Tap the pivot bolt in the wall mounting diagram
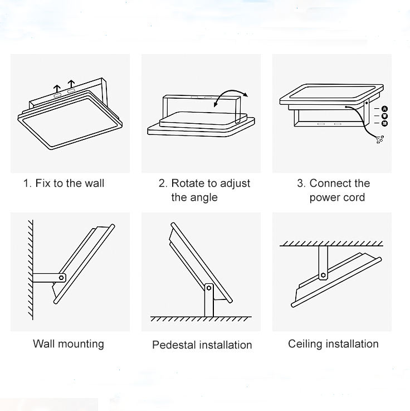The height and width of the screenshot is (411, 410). (62, 277)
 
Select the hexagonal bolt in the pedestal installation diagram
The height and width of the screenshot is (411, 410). (208, 288)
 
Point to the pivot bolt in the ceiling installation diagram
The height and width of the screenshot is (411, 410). (323, 274)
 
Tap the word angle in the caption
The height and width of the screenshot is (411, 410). (202, 197)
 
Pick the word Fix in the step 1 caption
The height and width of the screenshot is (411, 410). (43, 183)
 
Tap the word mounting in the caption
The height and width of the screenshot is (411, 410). (81, 344)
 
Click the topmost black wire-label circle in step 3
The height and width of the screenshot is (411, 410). (384, 109)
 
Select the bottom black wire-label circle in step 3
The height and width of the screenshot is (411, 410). (384, 123)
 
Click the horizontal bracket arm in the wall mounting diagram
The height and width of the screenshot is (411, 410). (47, 277)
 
